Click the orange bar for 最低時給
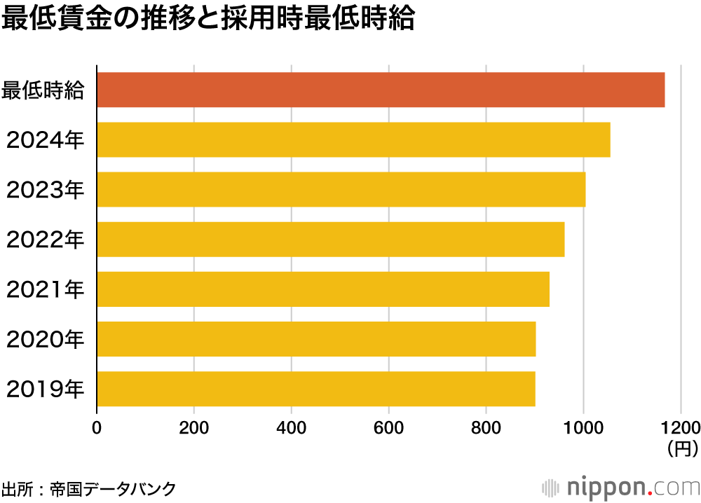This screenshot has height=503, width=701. tap(381, 90)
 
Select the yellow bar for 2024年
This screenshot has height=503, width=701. tap(353, 139)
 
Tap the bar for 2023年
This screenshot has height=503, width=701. tap(341, 189)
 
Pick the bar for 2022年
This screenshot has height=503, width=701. tap(331, 239)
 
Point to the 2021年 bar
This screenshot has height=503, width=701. tap(323, 289)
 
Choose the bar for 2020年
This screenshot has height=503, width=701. tap(316, 339)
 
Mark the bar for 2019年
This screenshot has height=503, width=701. tap(316, 389)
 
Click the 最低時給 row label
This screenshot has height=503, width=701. tap(43, 90)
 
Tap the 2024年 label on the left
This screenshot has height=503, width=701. tap(46, 140)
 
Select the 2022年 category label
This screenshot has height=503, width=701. tap(46, 240)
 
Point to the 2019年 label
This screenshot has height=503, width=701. tap(46, 390)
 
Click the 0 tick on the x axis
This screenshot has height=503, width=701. tap(97, 427)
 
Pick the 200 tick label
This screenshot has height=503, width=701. tap(194, 427)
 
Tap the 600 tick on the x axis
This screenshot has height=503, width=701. tap(388, 427)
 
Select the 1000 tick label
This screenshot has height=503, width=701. tap(583, 427)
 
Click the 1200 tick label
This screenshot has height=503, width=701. tap(680, 427)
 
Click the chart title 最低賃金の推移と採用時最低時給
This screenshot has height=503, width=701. tap(208, 20)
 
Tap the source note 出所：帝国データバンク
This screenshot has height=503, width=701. tap(88, 488)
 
